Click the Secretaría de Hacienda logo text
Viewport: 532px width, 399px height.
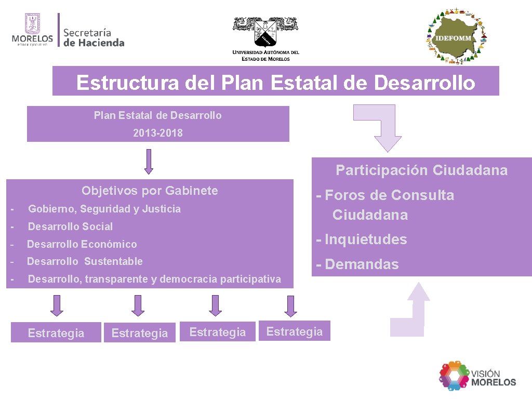coord(94,37)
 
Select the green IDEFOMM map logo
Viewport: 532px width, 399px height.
coord(456,36)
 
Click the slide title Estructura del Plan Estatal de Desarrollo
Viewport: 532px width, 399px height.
coord(275,82)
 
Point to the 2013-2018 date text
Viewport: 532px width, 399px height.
coord(158,133)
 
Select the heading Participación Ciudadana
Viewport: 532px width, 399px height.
coord(421,170)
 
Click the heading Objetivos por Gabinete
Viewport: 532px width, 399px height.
coord(150,191)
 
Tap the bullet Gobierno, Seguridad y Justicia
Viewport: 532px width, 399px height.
coord(104,209)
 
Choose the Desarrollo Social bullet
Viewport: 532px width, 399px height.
coord(70,227)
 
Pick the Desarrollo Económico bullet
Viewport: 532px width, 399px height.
coord(82,244)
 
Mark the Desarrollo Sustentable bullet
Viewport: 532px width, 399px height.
coord(85,261)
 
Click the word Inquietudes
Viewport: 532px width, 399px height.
coord(366,240)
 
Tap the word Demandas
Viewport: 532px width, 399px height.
coord(362,264)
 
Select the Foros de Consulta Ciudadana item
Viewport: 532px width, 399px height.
coord(389,205)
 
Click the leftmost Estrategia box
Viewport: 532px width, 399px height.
coord(56,333)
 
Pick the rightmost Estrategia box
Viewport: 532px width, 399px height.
coord(294,331)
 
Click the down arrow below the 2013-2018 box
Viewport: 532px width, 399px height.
coord(149,162)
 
